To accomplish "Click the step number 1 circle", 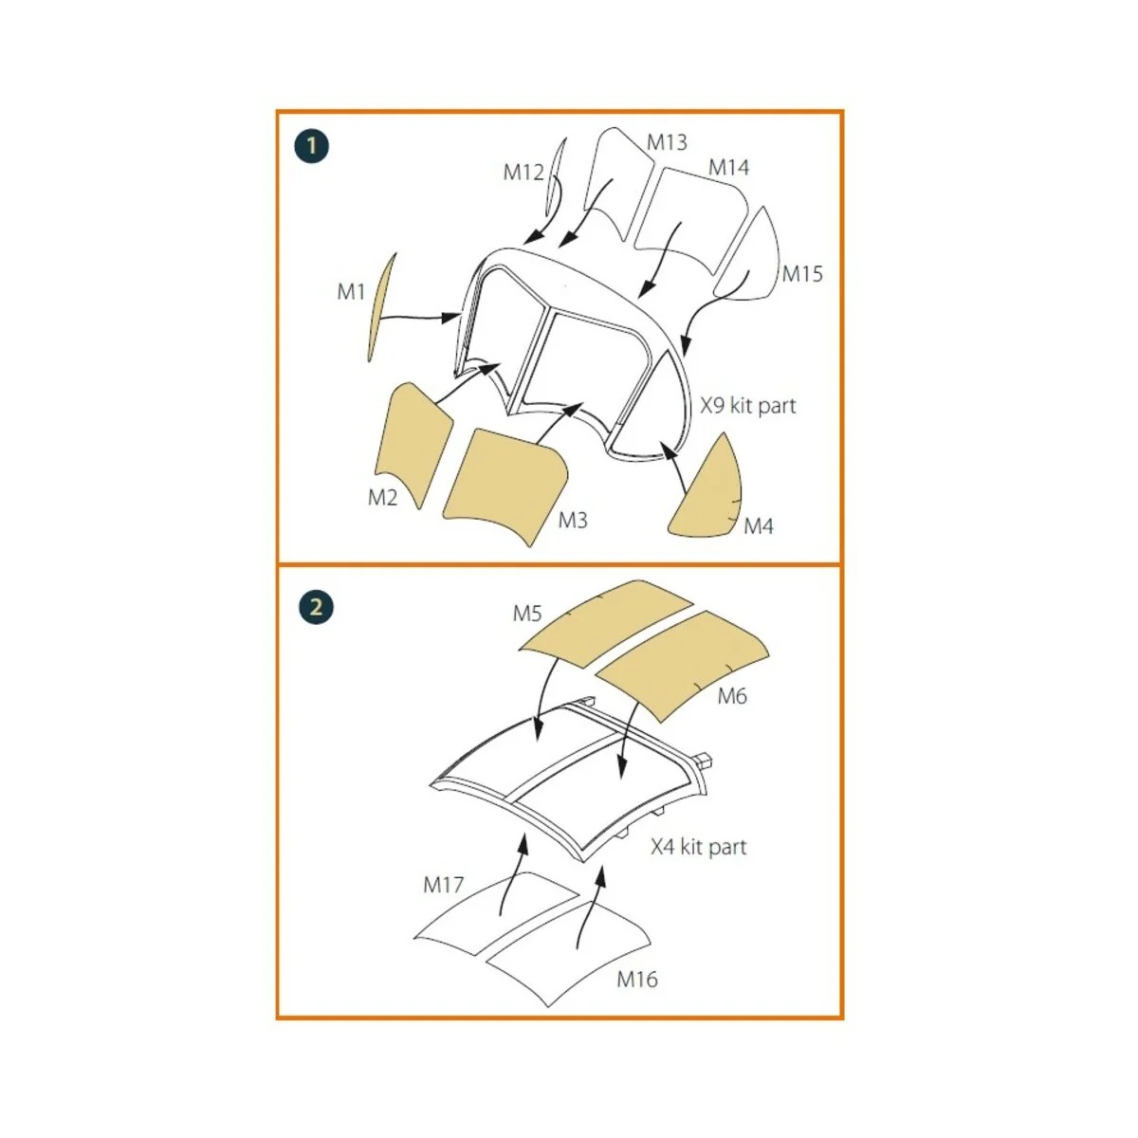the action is [312, 146].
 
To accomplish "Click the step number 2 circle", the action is [316, 607].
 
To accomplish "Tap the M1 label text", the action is [351, 291].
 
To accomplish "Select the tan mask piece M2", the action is [413, 443].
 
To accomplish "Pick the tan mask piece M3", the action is [505, 486].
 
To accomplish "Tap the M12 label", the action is [523, 173].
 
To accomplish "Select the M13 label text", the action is [667, 142].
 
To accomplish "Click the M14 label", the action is [728, 168].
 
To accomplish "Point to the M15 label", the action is [802, 274].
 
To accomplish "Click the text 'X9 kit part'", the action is [747, 406].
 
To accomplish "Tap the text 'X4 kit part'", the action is [699, 847].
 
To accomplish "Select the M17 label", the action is [443, 885].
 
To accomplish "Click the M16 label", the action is [636, 979].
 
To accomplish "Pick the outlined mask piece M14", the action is [691, 218].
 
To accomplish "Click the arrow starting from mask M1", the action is [420, 317].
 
